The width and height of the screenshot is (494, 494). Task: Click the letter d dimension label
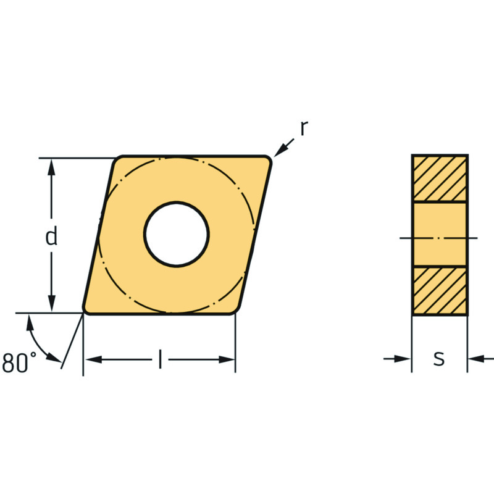click(51, 236)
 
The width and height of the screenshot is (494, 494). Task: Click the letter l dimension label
click(161, 359)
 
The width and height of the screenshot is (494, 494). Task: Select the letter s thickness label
click(439, 359)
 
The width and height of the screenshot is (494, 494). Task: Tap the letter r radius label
click(304, 128)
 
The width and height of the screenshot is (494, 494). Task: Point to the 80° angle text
click(19, 362)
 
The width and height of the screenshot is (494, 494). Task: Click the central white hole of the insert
click(177, 234)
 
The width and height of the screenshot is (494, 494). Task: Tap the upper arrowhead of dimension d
click(51, 167)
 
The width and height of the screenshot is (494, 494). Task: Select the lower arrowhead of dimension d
click(51, 304)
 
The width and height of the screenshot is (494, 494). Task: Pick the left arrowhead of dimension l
click(94, 359)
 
